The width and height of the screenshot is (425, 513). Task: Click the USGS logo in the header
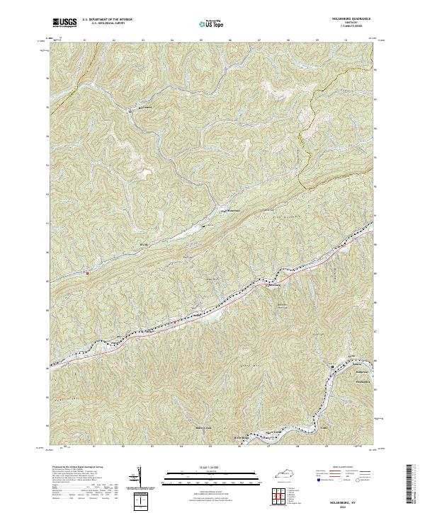click(64, 23)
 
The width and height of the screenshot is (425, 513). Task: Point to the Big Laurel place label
click(145, 108)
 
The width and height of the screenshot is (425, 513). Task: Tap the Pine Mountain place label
click(234, 210)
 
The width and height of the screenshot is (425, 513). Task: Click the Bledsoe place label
click(144, 245)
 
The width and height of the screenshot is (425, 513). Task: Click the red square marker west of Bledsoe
click(87, 272)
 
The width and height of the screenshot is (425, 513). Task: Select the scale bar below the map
click(212, 478)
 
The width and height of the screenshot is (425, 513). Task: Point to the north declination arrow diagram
click(138, 478)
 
